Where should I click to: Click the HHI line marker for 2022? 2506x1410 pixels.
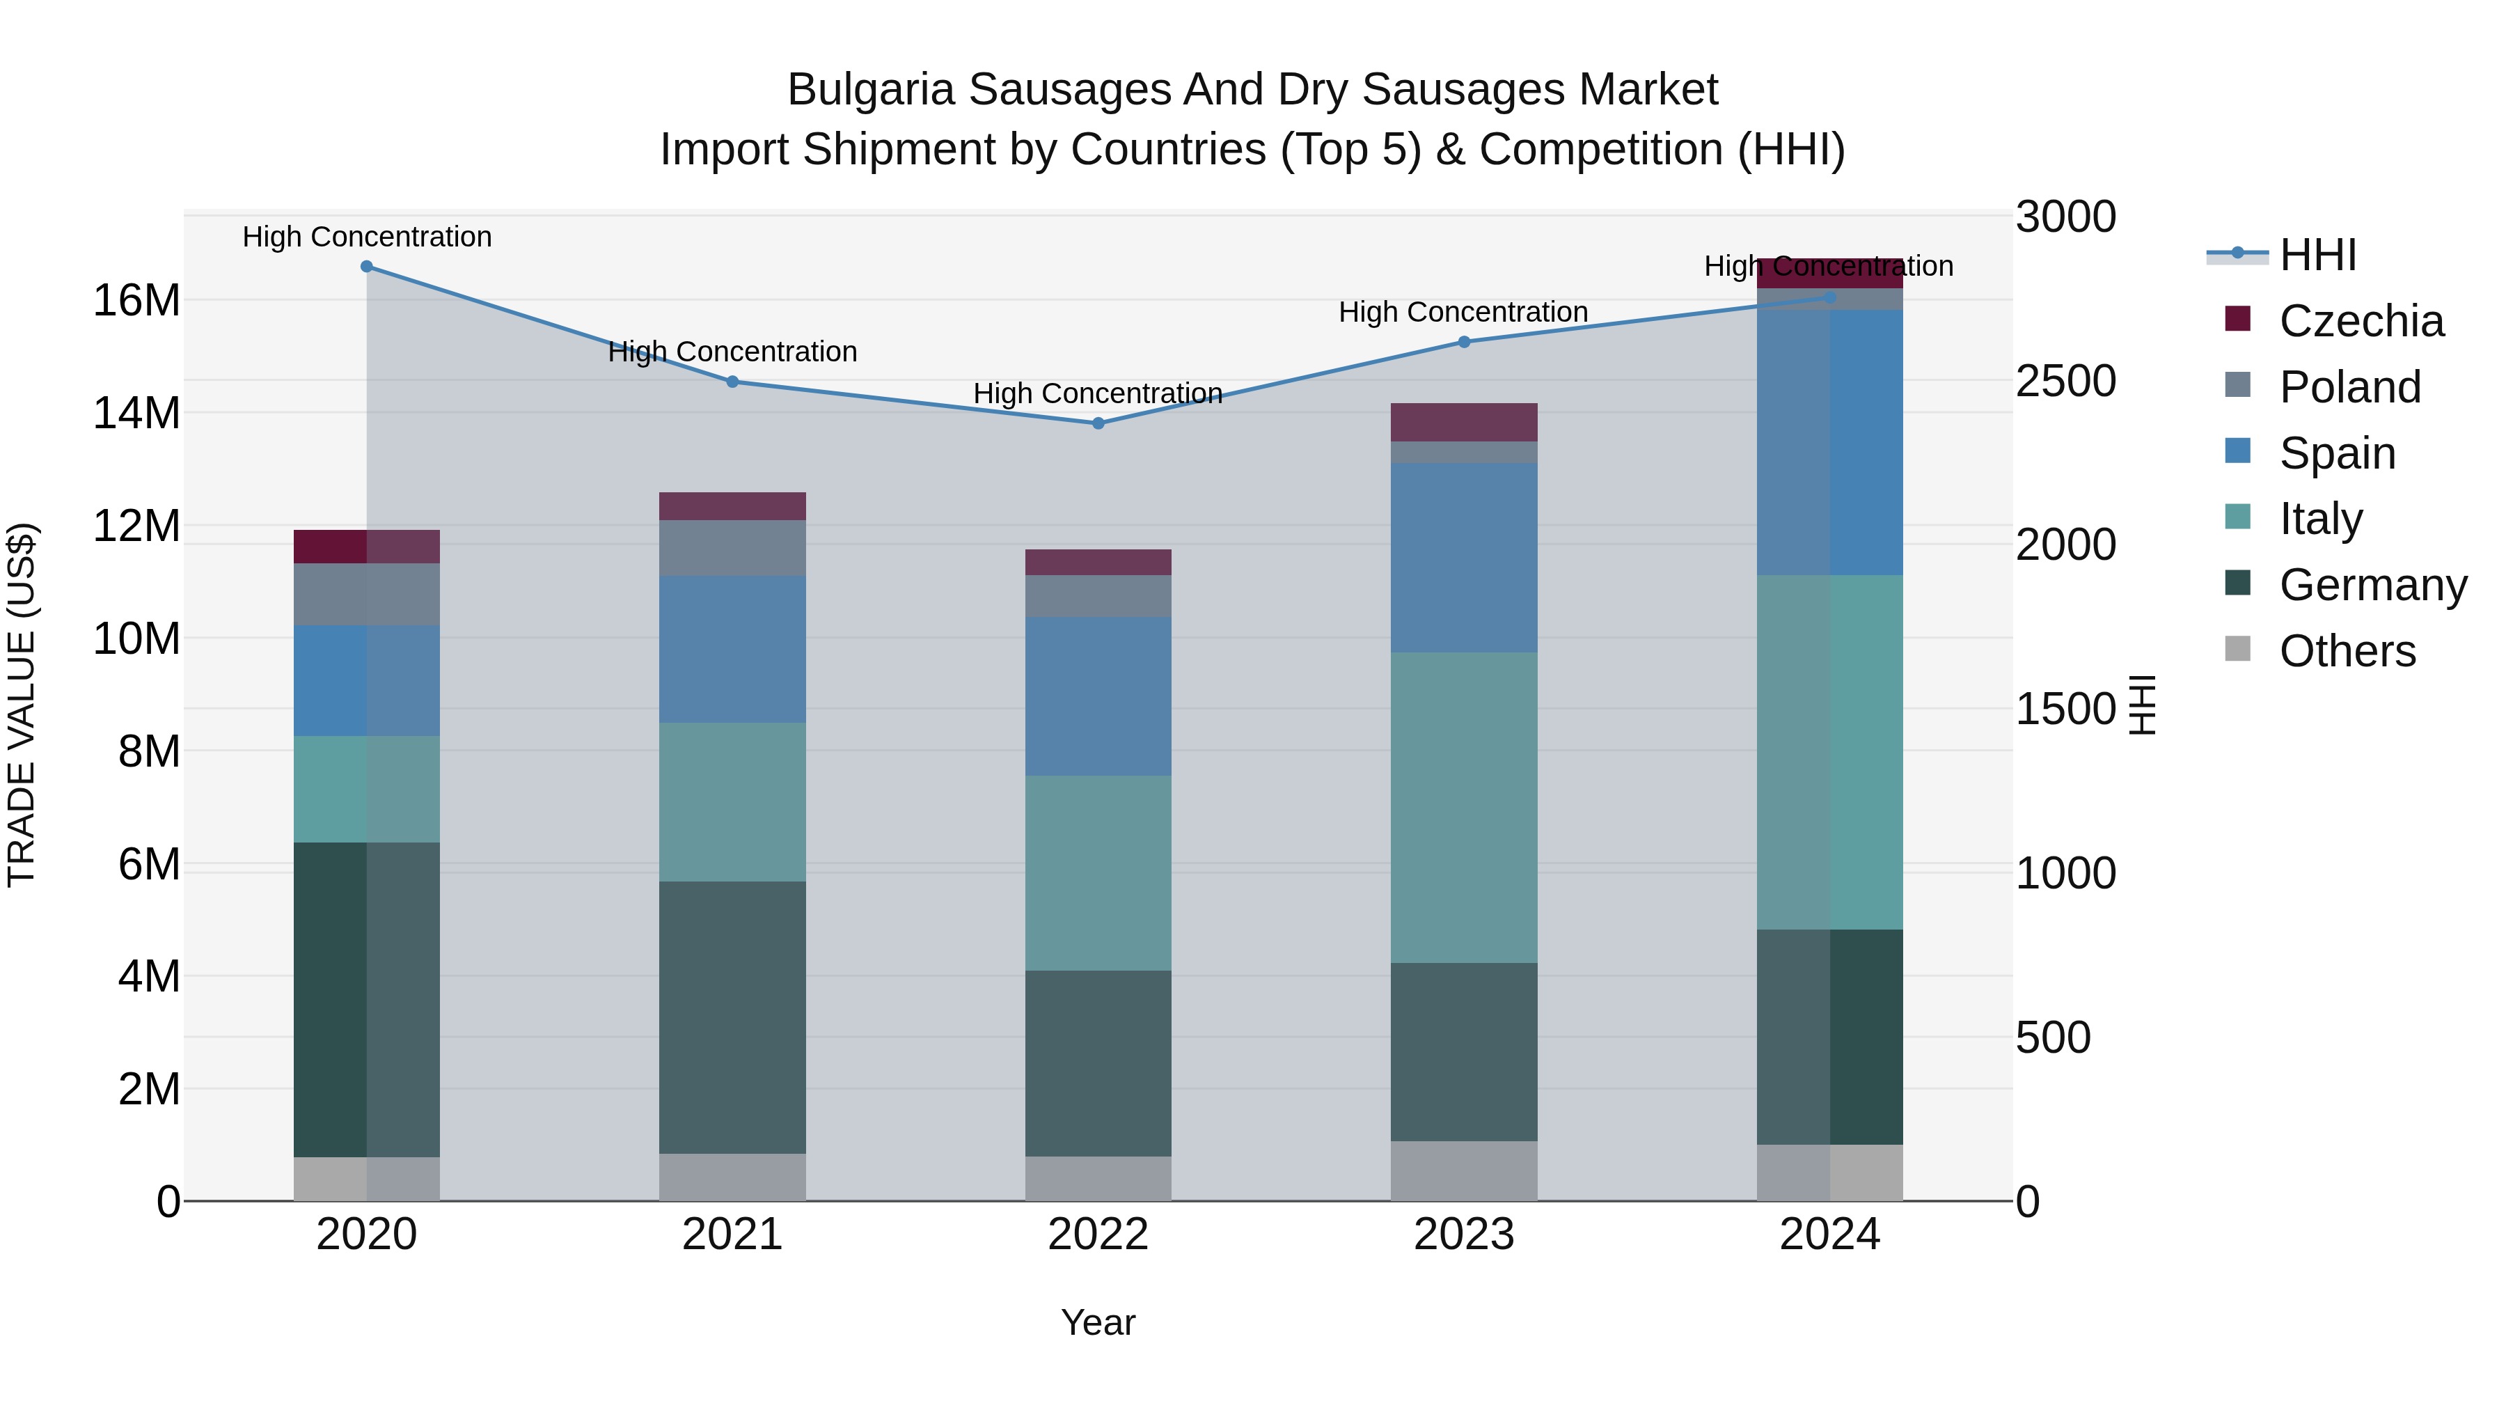[x=1098, y=423]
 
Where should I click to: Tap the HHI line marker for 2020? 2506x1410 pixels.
[x=367, y=267]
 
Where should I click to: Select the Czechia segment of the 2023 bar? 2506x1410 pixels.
[x=1463, y=423]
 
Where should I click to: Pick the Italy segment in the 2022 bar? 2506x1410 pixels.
[x=1098, y=873]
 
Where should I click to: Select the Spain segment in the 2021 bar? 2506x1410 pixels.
[x=732, y=649]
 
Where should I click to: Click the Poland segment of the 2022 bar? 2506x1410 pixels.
[x=1098, y=595]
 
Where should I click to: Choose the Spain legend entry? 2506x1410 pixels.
[x=2337, y=453]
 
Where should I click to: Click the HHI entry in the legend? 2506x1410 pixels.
[x=2317, y=255]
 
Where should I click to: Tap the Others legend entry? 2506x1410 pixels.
[x=2347, y=651]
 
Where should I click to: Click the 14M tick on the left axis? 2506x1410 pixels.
[x=136, y=414]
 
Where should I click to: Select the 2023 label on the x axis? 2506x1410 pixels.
[x=1463, y=1235]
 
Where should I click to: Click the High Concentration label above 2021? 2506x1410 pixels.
[x=732, y=352]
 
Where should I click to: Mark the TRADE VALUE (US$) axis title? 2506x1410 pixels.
[x=22, y=705]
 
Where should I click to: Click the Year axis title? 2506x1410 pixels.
[x=1098, y=1322]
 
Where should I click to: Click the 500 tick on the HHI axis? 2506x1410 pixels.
[x=2053, y=1037]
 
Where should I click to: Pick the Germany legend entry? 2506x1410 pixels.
[x=2372, y=585]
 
